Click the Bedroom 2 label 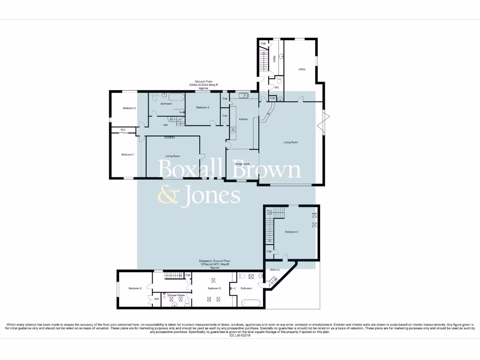129,108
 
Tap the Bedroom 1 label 128,155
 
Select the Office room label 302,69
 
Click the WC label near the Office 277,88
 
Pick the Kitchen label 243,120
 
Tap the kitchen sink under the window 244,96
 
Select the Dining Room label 241,164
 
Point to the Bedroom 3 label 202,108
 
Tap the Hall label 165,125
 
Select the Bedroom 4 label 291,232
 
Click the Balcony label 275,270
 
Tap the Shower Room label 176,295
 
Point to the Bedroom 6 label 135,288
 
